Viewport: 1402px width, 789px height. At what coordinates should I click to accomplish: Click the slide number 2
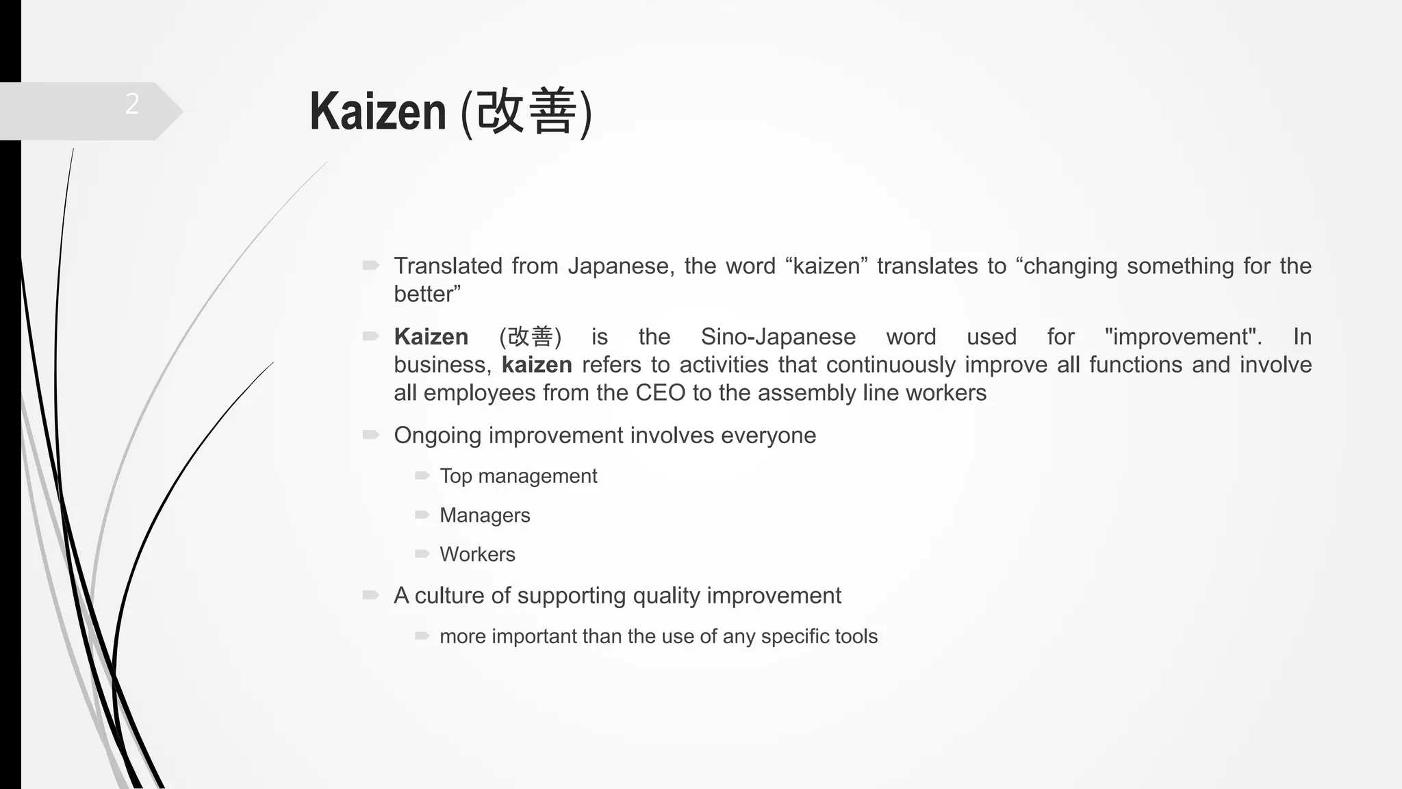132,104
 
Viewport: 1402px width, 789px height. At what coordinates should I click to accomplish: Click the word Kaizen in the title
378,111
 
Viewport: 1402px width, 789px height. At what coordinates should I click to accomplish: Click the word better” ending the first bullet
427,295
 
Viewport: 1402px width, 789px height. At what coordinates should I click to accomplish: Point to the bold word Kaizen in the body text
431,337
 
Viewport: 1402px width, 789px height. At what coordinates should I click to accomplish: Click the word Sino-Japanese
778,337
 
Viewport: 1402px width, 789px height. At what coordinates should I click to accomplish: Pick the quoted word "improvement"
1183,337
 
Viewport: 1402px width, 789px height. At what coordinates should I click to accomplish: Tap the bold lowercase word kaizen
537,365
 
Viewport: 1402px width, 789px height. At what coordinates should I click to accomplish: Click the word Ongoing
438,436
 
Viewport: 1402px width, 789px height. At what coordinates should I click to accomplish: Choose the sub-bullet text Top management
518,476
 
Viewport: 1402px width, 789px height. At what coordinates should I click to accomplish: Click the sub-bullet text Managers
485,515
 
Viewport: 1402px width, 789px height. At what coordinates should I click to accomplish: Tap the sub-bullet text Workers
477,554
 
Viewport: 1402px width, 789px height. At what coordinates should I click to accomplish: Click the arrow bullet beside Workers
422,553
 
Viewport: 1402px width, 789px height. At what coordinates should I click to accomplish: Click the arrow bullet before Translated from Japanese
371,265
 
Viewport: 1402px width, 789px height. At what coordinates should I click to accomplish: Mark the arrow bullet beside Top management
422,475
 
